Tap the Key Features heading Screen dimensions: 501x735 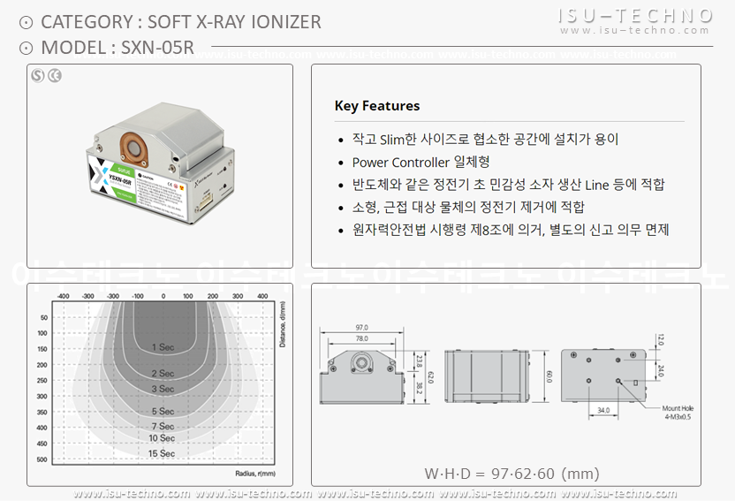[377, 106]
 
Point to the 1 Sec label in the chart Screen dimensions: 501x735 [162, 347]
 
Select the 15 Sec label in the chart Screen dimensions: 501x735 [162, 453]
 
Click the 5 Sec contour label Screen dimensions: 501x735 [162, 412]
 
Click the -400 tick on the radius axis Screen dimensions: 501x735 [63, 296]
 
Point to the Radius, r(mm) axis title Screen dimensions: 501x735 [255, 473]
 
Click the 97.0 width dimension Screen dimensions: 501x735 [361, 327]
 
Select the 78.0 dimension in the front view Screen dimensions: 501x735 [361, 338]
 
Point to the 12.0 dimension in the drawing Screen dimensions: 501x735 [660, 338]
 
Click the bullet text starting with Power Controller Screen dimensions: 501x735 [421, 162]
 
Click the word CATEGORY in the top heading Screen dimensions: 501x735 [84, 22]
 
